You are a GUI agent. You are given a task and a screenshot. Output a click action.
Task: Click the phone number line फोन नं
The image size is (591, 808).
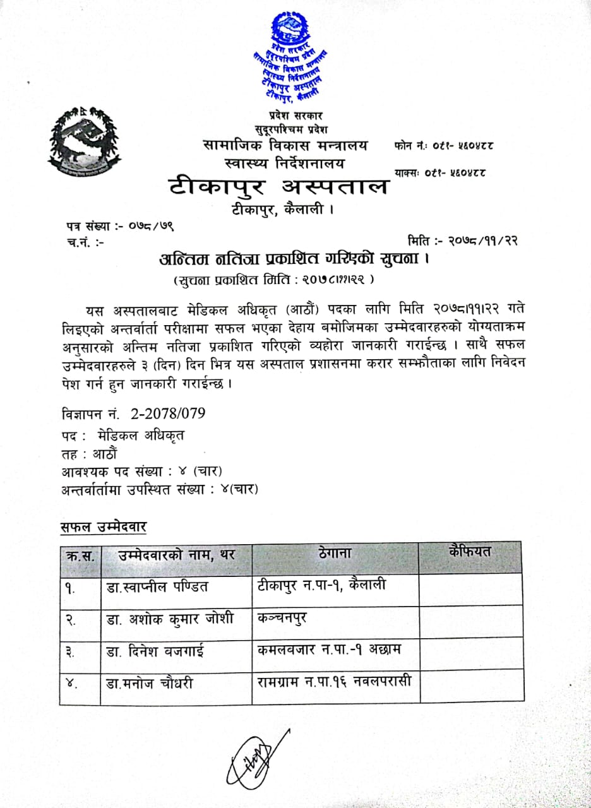click(443, 146)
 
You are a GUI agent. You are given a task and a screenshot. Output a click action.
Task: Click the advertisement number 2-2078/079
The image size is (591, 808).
click(134, 414)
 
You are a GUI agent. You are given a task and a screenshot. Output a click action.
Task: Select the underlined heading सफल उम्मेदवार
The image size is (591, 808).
click(104, 526)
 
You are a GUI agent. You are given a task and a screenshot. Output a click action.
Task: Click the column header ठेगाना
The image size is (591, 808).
click(335, 555)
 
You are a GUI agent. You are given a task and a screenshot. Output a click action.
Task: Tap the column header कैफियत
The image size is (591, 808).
click(470, 551)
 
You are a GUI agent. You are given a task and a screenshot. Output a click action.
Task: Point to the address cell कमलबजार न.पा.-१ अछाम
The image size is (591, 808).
click(329, 650)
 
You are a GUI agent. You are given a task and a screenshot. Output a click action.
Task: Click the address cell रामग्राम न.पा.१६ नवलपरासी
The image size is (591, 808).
click(334, 682)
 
